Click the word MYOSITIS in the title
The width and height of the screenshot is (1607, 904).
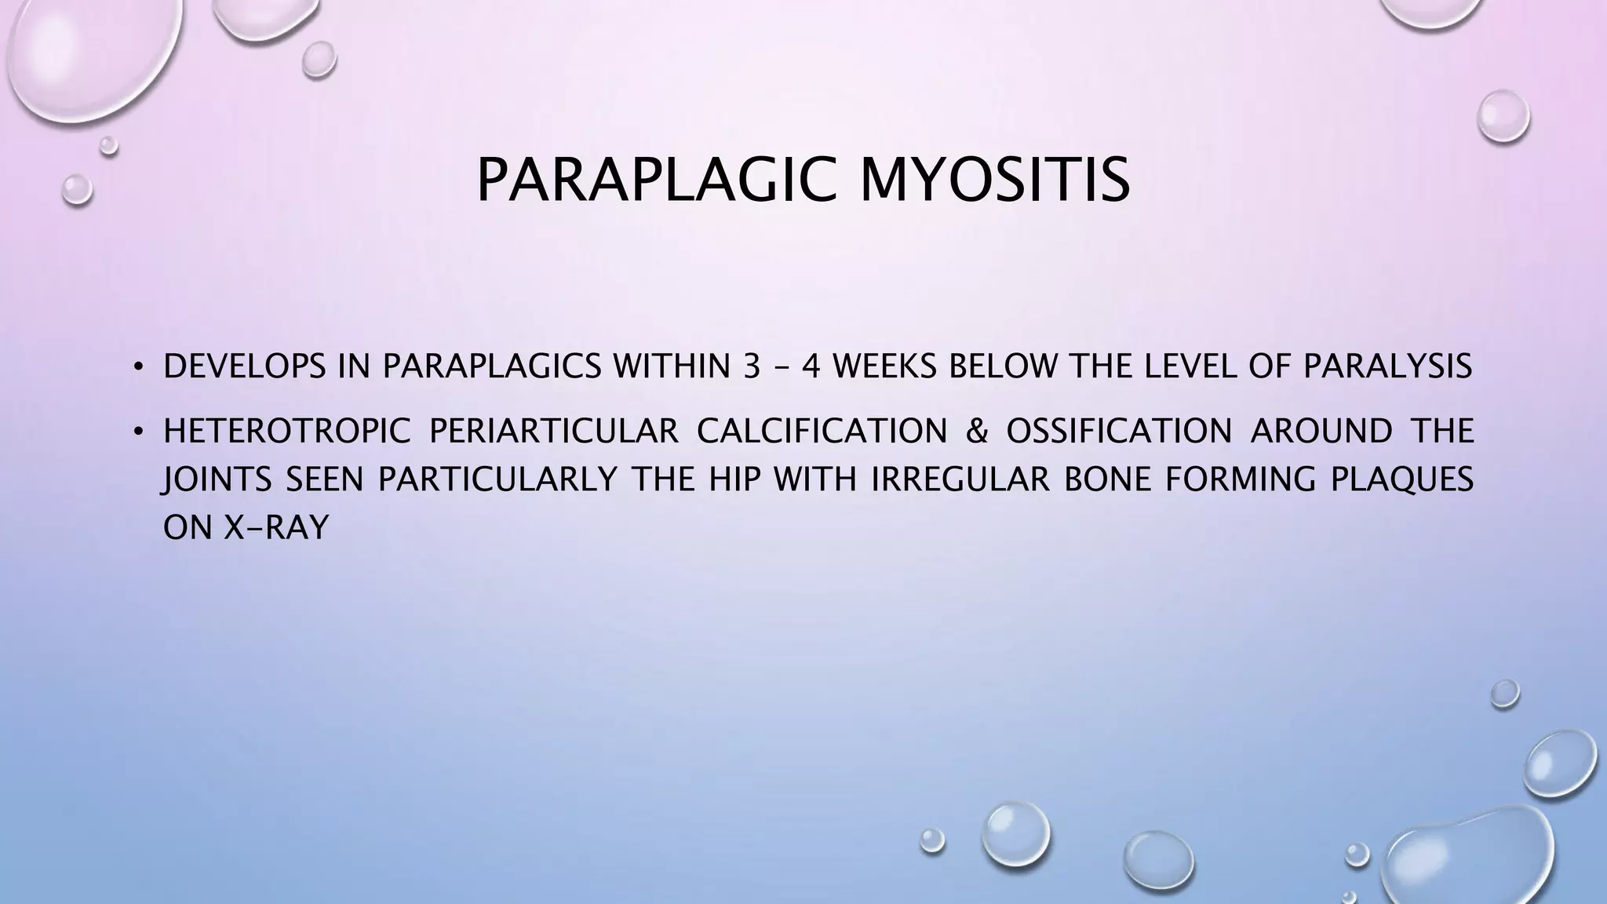(994, 180)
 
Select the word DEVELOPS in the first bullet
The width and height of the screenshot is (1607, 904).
(244, 367)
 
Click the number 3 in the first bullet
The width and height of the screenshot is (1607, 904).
(750, 367)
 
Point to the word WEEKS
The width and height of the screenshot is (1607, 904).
(884, 367)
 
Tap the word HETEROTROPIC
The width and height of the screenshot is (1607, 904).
(287, 432)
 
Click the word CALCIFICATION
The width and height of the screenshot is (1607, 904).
(822, 432)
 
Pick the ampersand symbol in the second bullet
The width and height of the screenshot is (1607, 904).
(977, 432)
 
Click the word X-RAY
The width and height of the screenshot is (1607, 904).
(276, 528)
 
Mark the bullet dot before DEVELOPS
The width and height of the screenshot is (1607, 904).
(139, 367)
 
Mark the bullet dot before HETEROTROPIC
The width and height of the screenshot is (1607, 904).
(139, 432)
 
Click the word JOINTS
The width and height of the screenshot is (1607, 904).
(217, 479)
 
